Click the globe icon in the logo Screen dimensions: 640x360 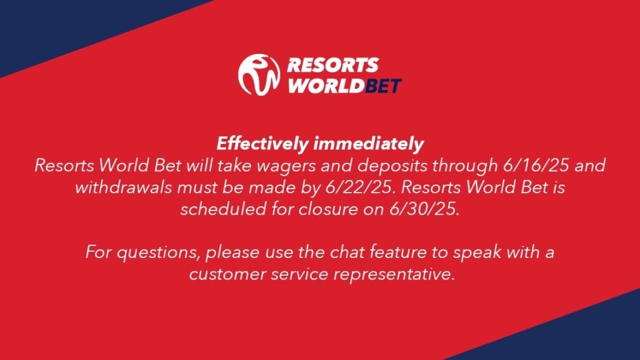pyautogui.click(x=259, y=75)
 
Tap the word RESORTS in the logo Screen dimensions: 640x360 pyautogui.click(x=333, y=65)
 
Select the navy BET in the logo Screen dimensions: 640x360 pyautogui.click(x=383, y=86)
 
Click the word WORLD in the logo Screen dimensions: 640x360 pyautogui.click(x=326, y=86)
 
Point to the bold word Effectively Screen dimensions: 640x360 pyautogui.click(x=262, y=144)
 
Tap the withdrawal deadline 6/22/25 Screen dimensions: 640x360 pyautogui.click(x=361, y=188)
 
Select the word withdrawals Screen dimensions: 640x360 pyautogui.click(x=124, y=188)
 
